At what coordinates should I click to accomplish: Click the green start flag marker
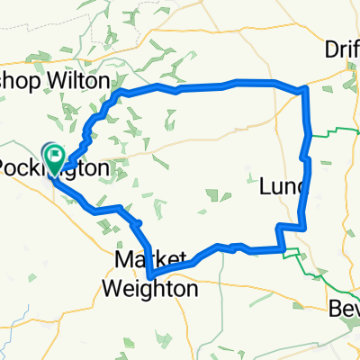tap(55, 158)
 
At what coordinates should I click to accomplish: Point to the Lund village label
tap(283, 186)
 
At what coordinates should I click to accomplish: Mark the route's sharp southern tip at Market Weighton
tap(148, 274)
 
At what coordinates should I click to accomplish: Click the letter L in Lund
tap(264, 186)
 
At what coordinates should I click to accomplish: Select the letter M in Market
tap(122, 259)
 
